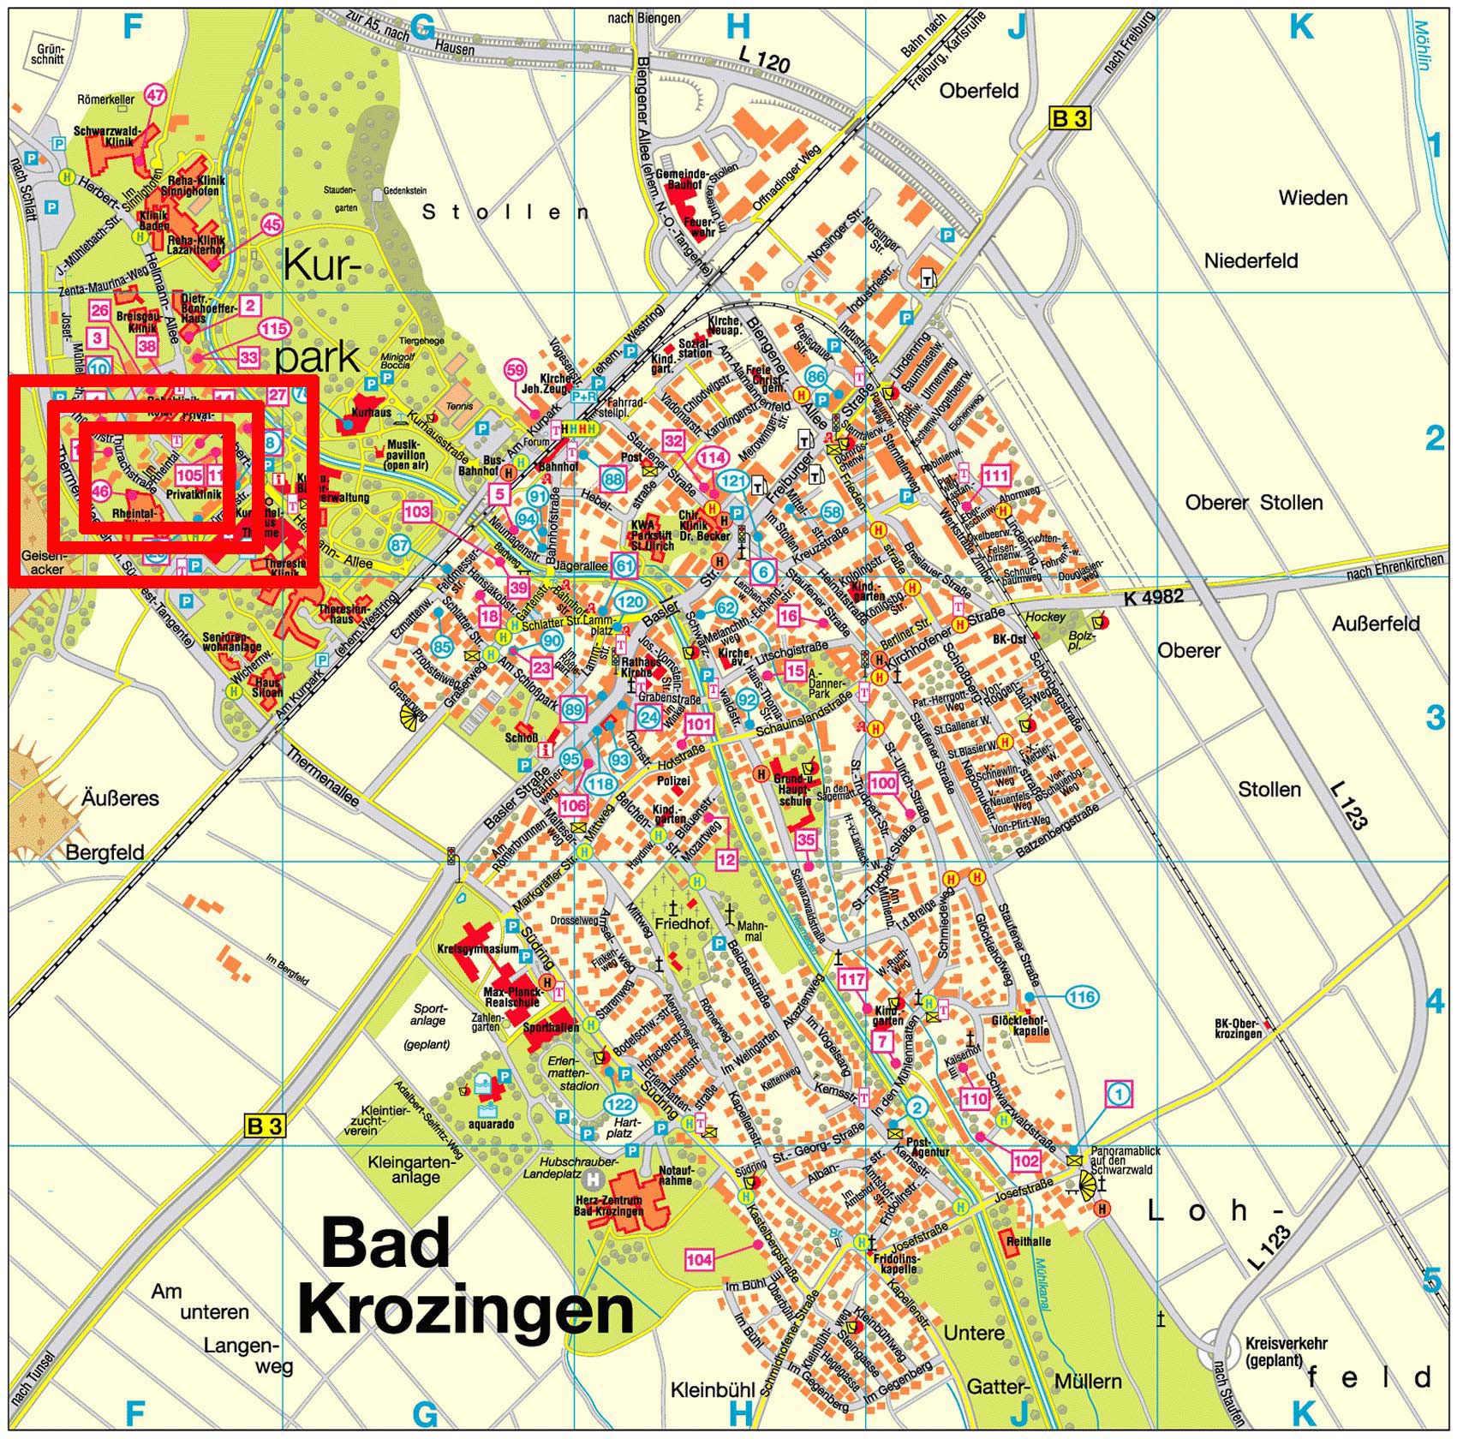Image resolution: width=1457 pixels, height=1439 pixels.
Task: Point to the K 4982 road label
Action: [1154, 597]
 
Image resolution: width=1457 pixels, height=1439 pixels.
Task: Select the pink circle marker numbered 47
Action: [155, 95]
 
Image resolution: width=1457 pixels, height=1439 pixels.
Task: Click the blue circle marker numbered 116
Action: [1083, 997]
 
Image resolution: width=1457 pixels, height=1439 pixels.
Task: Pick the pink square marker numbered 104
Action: [699, 1259]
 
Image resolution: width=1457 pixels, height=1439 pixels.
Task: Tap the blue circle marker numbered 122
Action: [620, 1104]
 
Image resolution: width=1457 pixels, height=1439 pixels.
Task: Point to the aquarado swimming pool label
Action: [491, 1124]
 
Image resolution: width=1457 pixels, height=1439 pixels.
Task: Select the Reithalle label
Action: [1029, 1241]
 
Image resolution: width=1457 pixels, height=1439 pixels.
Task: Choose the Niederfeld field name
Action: [1251, 260]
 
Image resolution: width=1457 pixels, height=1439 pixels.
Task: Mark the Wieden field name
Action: [1312, 198]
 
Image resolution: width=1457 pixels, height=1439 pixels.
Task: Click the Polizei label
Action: [673, 781]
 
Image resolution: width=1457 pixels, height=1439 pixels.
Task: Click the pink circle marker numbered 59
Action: [515, 370]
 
